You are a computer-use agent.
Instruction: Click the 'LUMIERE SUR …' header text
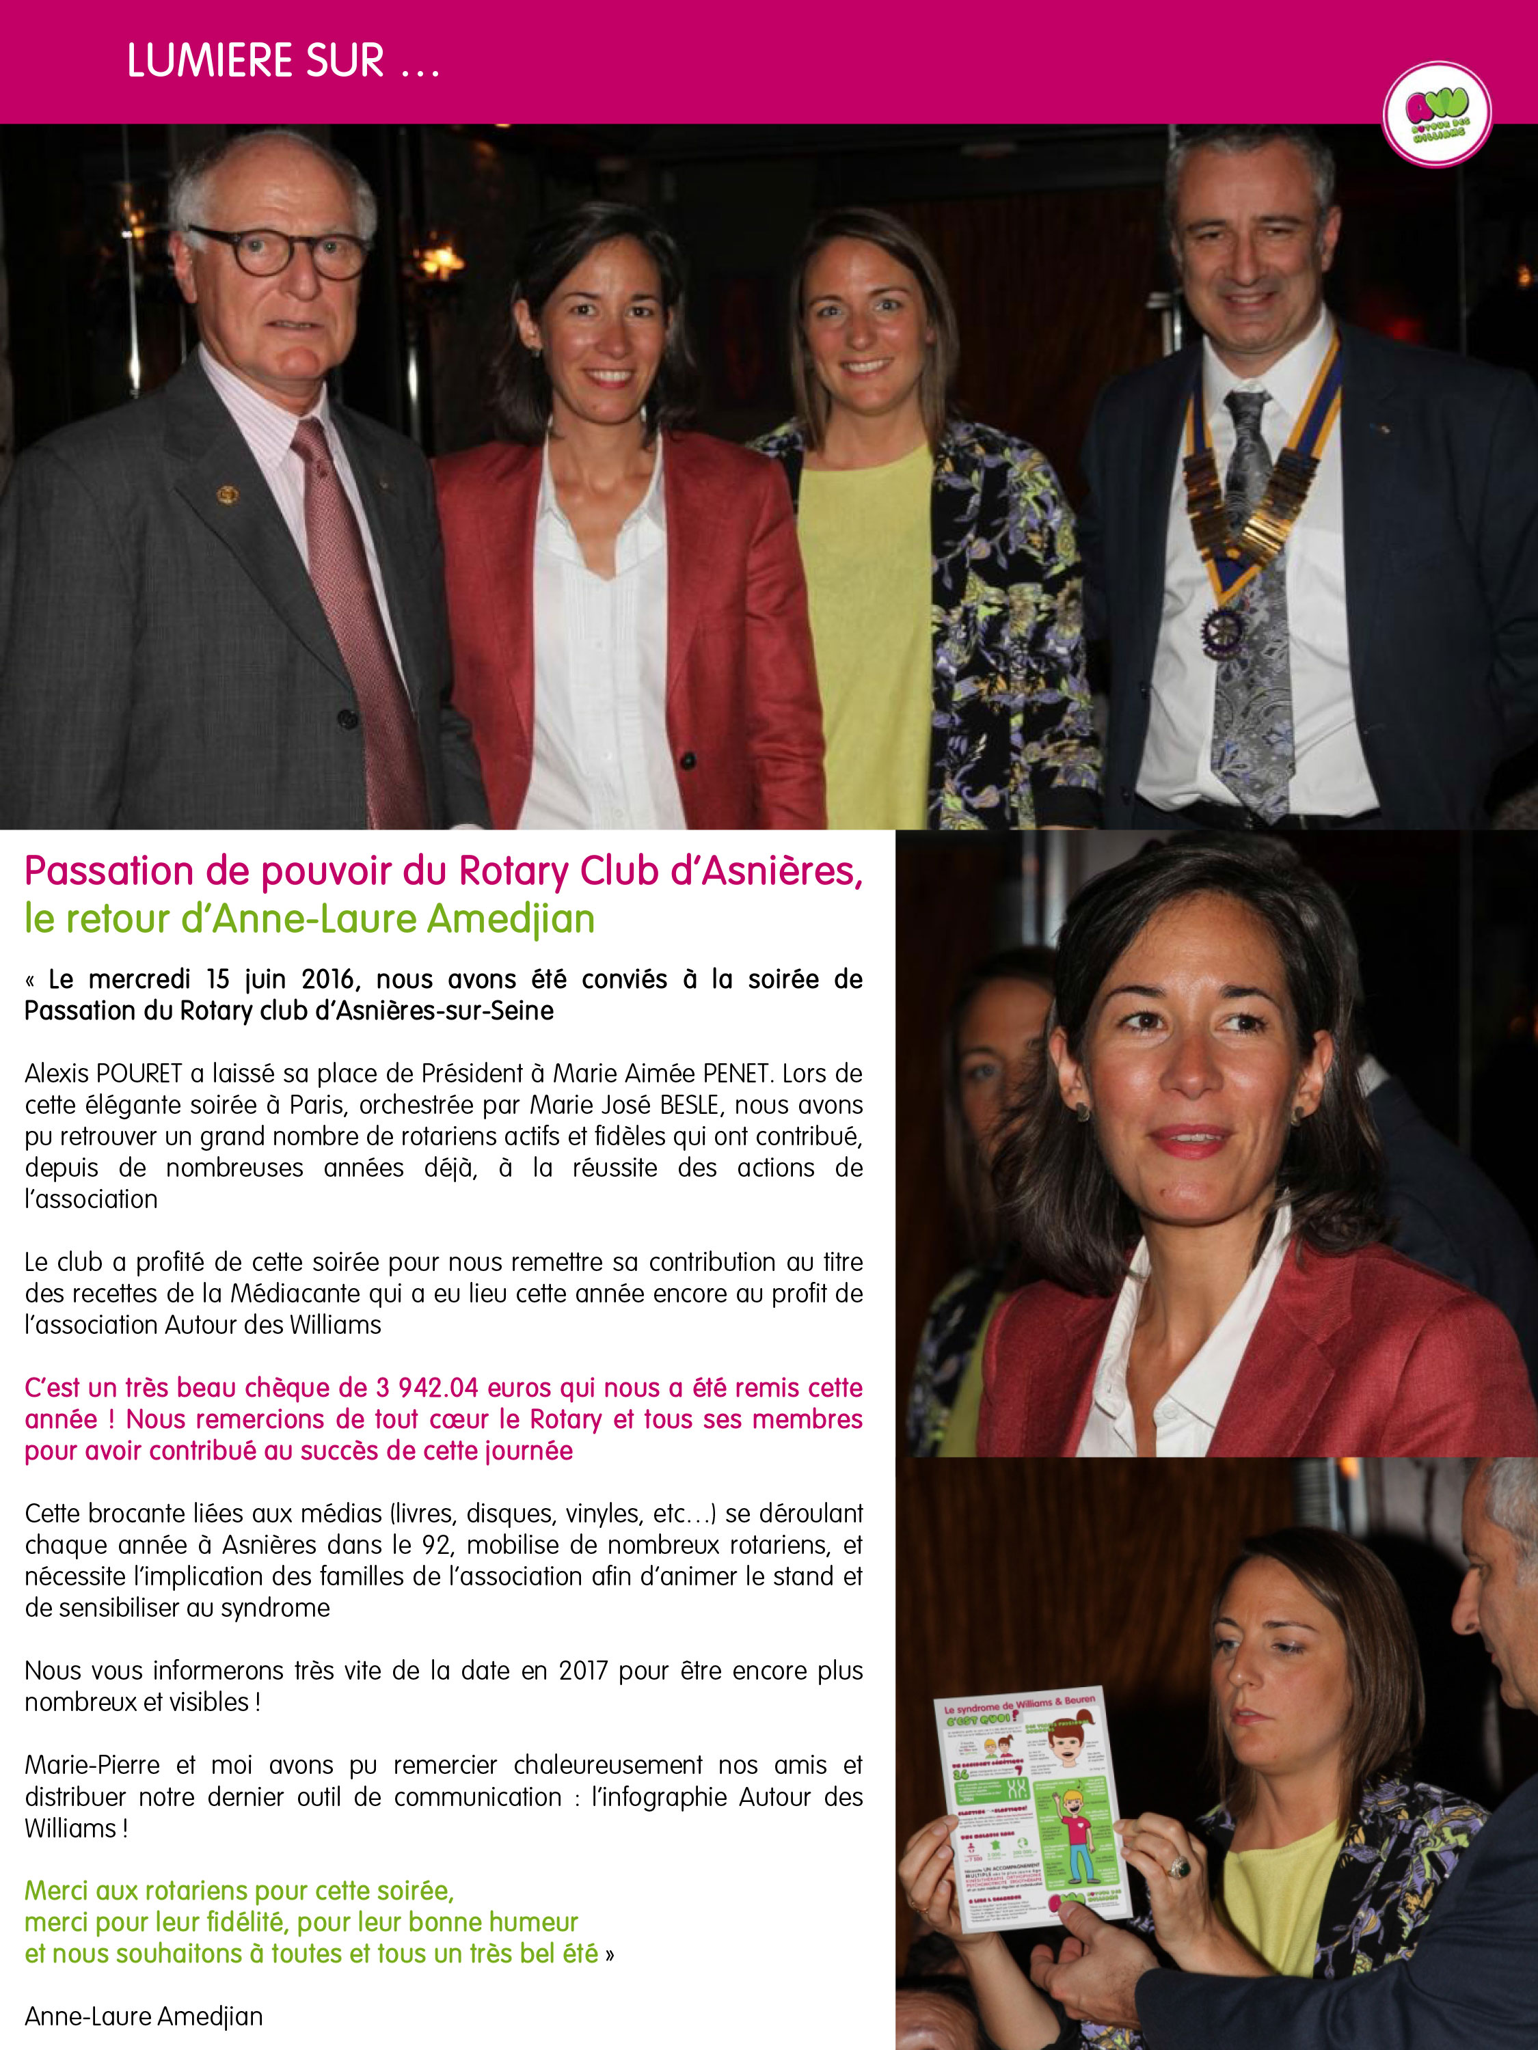pos(283,61)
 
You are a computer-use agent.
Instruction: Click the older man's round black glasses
pos(278,250)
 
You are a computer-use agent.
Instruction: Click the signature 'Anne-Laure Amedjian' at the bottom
pos(144,2017)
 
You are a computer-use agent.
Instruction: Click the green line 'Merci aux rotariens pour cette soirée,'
pos(239,1891)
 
